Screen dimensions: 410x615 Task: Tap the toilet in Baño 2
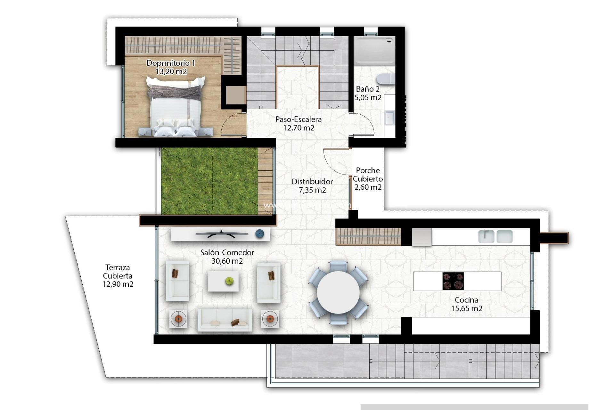coord(386,79)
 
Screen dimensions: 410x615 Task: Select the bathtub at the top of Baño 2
coord(374,50)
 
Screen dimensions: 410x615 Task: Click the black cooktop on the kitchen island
coord(453,281)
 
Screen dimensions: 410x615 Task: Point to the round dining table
coord(338,292)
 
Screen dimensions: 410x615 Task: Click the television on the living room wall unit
coord(222,234)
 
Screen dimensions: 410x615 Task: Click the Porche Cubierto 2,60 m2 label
coord(368,179)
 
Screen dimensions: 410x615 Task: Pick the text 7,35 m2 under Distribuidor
coord(312,190)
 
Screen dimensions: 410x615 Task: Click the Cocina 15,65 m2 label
coord(467,304)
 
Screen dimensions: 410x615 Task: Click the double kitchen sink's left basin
coord(486,236)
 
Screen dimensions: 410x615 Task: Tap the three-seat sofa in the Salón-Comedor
coord(225,319)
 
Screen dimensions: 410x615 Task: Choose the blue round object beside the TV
coord(260,234)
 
